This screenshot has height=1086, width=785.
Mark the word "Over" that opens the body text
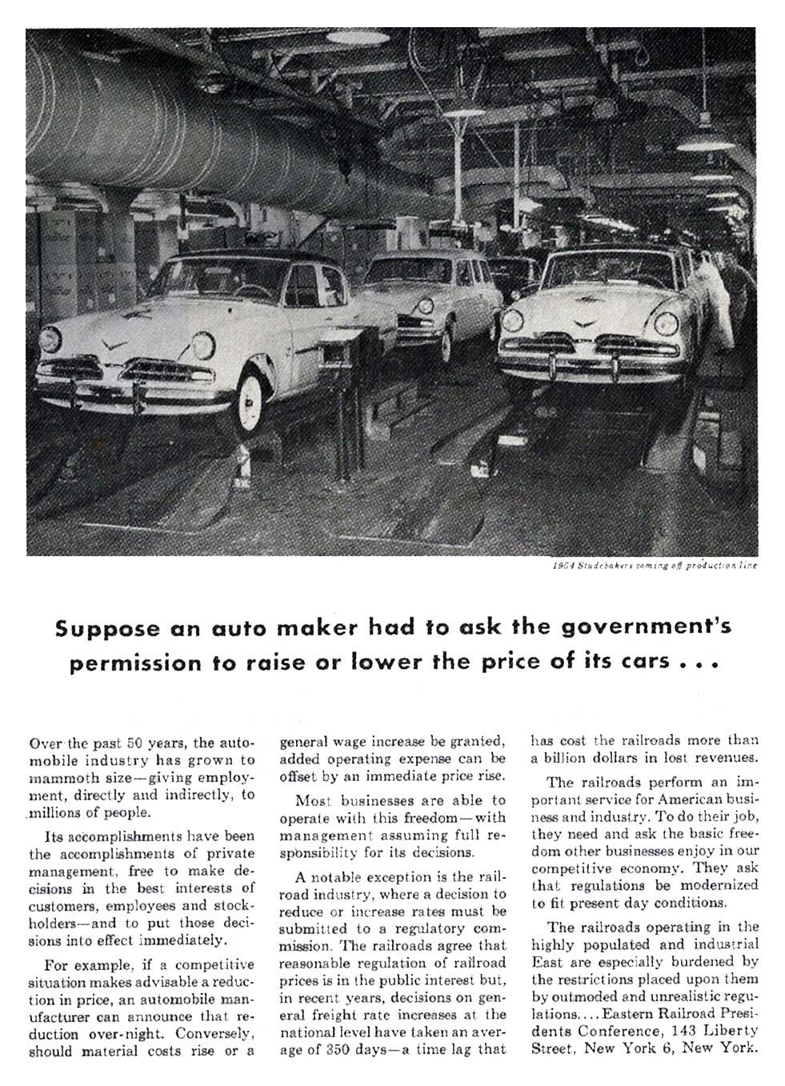[43, 741]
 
